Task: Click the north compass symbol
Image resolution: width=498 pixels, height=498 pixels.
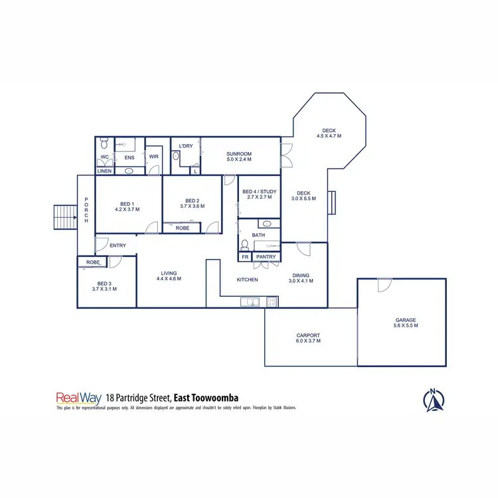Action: pos(434,399)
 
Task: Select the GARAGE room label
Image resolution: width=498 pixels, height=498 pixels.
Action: pos(406,320)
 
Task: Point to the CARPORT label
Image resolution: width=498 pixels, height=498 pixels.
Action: pos(308,335)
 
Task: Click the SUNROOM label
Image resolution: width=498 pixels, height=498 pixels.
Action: pos(239,154)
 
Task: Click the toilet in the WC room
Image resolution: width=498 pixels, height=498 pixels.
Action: pos(104,145)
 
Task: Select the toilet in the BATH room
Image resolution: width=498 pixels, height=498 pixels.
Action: pos(245,244)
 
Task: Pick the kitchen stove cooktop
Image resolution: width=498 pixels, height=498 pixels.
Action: pos(271,302)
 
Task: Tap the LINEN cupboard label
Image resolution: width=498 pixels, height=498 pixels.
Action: pos(104,171)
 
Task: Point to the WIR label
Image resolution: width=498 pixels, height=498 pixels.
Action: pos(153,157)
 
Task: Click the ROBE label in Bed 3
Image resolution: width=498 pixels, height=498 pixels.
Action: pos(93,262)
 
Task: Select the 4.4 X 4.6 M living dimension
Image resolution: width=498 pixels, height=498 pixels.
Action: pos(169,279)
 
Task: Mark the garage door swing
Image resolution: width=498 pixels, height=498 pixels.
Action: pos(383,285)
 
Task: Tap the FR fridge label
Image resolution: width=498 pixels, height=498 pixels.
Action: pos(245,256)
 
